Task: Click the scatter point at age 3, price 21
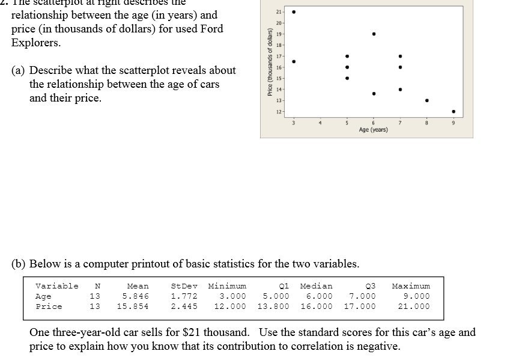tap(293, 11)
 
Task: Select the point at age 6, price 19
tap(374, 34)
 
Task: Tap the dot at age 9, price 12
tap(454, 111)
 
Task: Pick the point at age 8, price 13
tap(426, 100)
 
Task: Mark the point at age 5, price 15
tap(347, 78)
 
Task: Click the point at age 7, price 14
tap(400, 90)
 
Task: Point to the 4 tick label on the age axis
tap(320, 123)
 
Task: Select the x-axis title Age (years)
tap(373, 130)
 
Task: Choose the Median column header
tap(316, 286)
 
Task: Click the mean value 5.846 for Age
tap(135, 296)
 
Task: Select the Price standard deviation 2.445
tap(184, 307)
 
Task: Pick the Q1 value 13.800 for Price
tap(273, 307)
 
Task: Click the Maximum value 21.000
tap(414, 307)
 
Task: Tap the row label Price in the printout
tap(49, 307)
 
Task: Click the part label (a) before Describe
tap(18, 70)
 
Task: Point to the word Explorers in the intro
tap(36, 43)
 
